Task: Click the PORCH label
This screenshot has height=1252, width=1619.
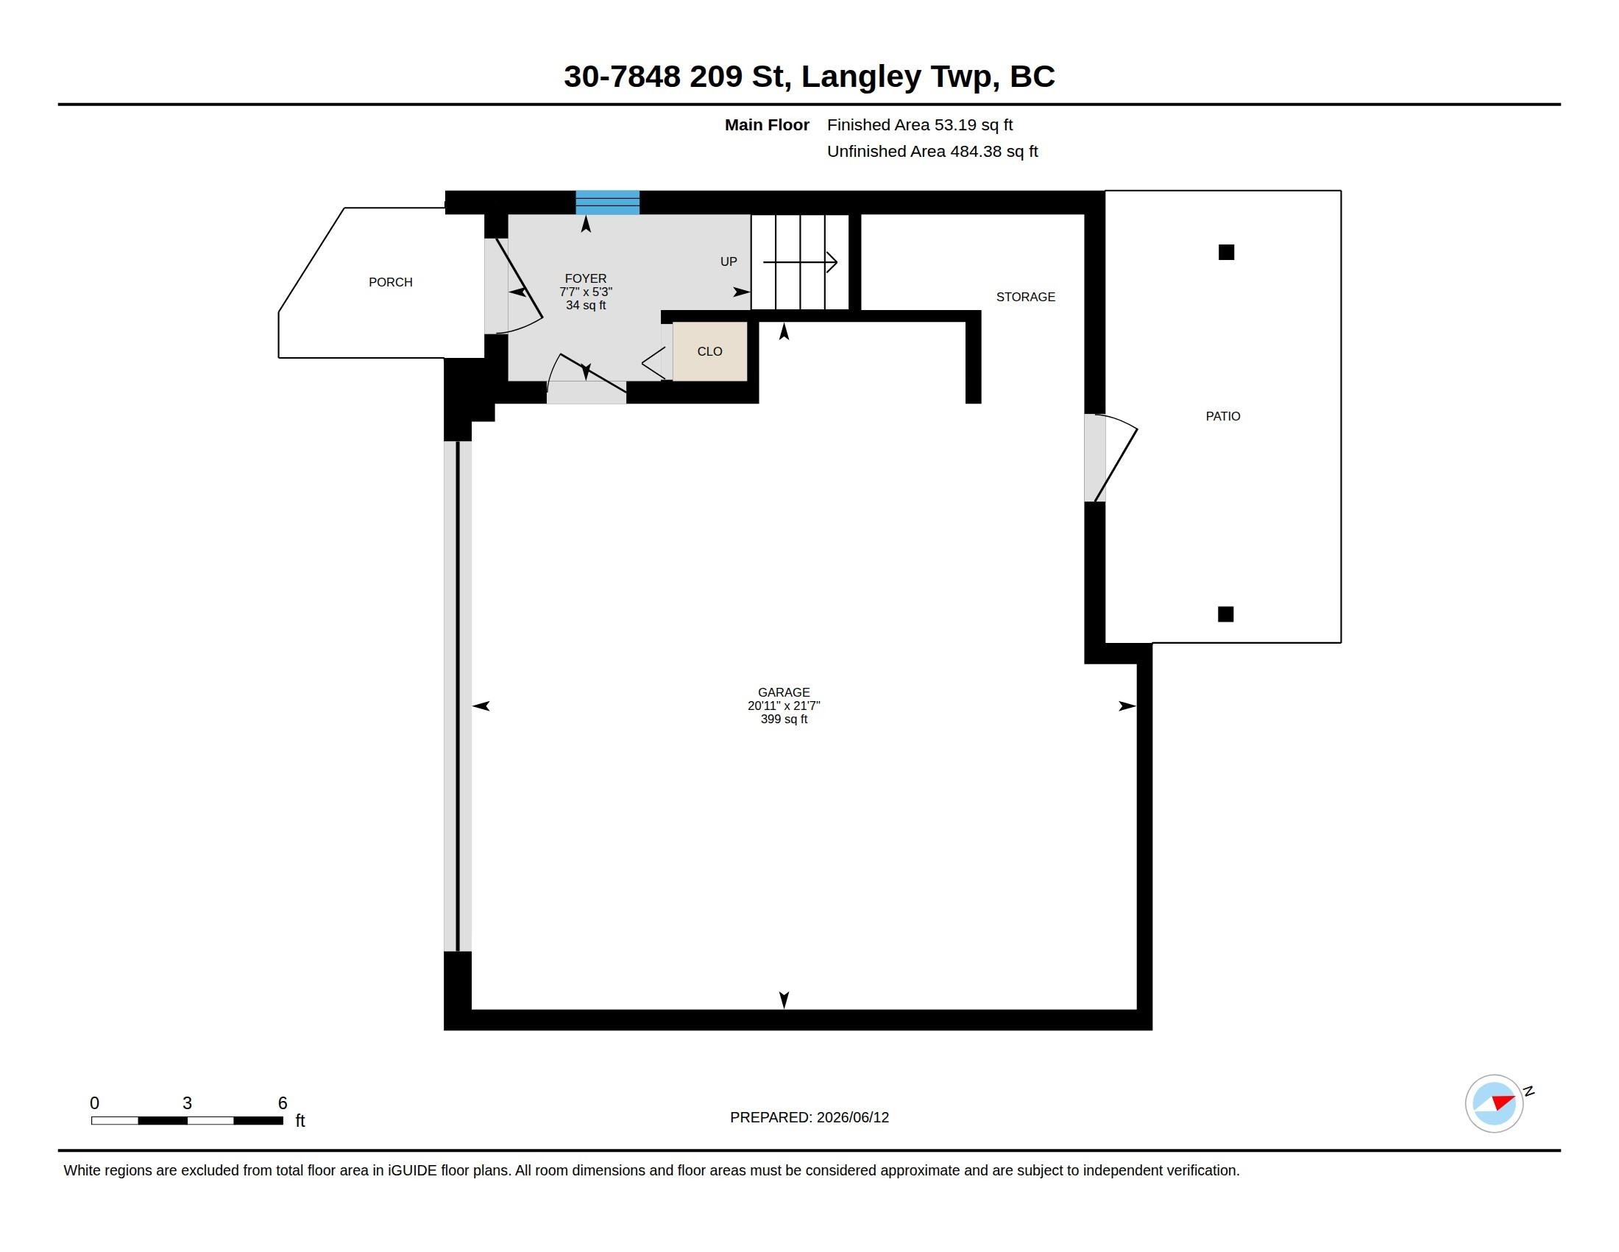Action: [391, 282]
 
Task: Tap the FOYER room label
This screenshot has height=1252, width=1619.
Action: [586, 278]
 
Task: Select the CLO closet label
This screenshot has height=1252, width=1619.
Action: [709, 351]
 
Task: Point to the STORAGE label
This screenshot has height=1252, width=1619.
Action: [1025, 297]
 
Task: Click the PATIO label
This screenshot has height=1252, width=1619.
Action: [1223, 416]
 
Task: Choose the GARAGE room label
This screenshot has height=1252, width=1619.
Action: [784, 692]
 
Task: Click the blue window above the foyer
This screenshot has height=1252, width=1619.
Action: [608, 203]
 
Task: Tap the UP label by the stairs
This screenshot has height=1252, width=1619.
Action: [729, 261]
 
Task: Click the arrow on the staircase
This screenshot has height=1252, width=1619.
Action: [800, 262]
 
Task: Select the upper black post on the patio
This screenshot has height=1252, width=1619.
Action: [1227, 252]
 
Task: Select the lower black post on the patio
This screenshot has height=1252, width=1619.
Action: [1226, 614]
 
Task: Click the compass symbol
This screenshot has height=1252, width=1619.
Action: [1494, 1103]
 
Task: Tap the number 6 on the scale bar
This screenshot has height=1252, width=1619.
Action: [283, 1103]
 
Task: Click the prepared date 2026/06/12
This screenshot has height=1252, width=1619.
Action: [852, 1117]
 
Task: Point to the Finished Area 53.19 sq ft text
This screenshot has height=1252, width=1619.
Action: [920, 124]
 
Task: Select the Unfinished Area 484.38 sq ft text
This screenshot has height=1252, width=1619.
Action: [932, 151]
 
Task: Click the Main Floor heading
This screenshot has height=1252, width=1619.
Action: [767, 124]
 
